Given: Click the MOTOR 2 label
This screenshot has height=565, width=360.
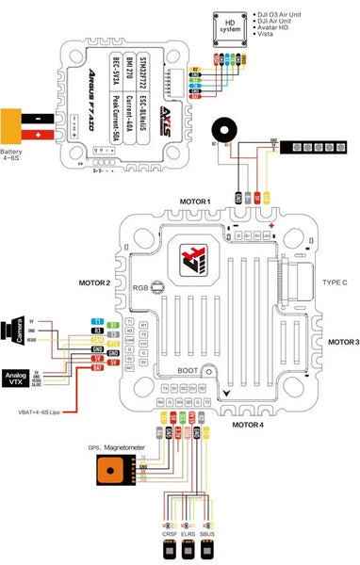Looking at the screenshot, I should click(95, 283).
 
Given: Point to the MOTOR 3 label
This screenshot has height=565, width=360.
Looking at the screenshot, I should click(337, 342).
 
